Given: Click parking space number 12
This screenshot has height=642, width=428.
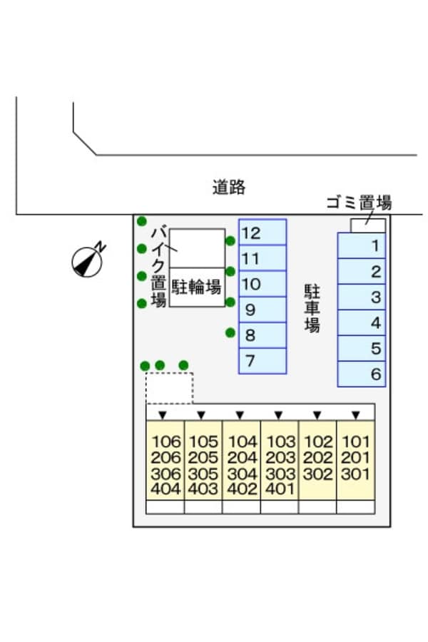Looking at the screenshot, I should (262, 233).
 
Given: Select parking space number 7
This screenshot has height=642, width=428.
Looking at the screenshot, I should (262, 361).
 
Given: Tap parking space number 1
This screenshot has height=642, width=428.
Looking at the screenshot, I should (362, 246).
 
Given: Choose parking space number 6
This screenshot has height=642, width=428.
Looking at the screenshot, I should (362, 374).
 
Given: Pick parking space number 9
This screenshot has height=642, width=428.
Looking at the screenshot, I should (262, 310).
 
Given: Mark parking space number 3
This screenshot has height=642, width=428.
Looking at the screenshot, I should (362, 297).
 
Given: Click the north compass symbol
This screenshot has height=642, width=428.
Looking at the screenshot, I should (88, 260).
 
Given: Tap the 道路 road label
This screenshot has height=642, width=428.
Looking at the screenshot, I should (229, 188).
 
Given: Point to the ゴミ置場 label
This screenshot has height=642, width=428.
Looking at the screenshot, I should (359, 202).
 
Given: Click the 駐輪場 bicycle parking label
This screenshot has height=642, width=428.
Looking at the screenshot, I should (197, 287).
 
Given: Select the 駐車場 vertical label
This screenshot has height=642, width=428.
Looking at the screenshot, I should (312, 308).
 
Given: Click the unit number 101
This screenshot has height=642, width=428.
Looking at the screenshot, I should (355, 442).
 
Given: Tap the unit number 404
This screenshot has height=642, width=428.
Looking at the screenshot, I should (165, 489).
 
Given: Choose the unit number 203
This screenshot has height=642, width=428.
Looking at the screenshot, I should (280, 458).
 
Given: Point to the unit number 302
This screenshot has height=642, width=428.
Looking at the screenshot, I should (317, 474).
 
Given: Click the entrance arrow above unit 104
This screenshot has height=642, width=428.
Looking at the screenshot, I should (240, 414).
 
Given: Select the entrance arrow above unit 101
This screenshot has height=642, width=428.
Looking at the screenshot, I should (355, 414).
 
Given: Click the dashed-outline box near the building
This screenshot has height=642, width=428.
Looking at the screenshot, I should (169, 387).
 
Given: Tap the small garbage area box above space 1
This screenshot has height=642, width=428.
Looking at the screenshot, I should (368, 225).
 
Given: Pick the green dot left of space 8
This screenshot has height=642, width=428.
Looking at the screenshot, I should (230, 332).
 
